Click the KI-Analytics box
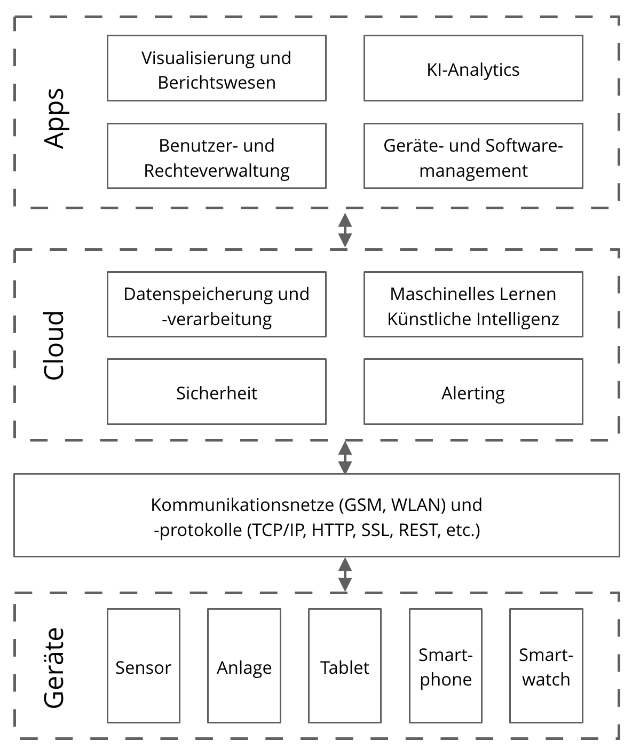point(473,68)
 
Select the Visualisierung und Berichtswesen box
point(216,68)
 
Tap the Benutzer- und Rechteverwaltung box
point(216,156)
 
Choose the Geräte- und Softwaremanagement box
point(473,156)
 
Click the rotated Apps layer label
point(54,118)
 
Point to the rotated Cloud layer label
point(54,345)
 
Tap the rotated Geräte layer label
point(54,668)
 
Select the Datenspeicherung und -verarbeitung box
point(216,305)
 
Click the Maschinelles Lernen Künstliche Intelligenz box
point(473,305)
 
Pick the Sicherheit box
point(216,392)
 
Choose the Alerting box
point(473,392)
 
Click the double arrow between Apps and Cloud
point(345,230)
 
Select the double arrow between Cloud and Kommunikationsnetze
point(345,458)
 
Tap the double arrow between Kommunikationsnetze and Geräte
point(345,575)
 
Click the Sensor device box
point(143,666)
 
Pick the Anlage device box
point(244,666)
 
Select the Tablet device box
point(345,666)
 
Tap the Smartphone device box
point(446,666)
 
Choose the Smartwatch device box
point(546,666)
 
